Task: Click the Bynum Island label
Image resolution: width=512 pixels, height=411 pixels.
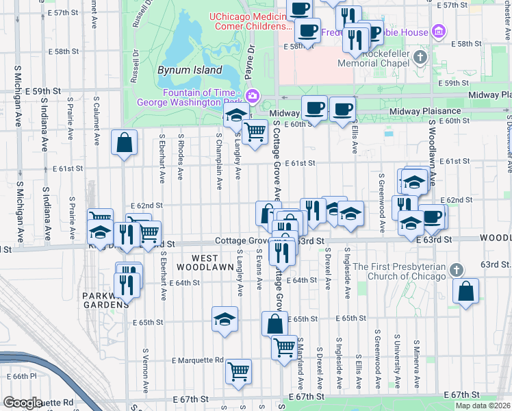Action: [190, 70]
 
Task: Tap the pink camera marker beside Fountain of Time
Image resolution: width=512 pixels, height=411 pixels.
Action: [253, 95]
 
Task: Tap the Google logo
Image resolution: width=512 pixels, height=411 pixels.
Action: [23, 402]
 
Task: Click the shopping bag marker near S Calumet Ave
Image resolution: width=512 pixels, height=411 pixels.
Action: [124, 142]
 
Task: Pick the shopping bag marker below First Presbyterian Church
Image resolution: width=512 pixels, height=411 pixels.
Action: [466, 290]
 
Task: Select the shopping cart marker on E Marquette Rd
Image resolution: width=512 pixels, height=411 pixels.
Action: [238, 371]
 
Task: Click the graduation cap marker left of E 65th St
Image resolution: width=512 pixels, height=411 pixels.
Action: [225, 320]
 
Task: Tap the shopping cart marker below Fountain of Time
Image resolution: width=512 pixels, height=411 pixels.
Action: [255, 131]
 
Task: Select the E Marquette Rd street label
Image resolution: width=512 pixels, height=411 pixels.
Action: [198, 360]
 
